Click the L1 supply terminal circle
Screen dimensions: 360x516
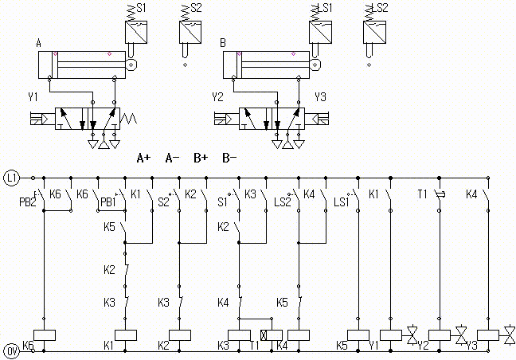(x=10, y=176)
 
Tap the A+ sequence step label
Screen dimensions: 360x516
(x=143, y=158)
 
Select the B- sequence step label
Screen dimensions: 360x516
(x=229, y=158)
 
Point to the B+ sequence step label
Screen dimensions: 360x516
(x=201, y=158)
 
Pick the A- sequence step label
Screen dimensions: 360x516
(x=172, y=158)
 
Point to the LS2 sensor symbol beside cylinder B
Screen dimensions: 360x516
(x=374, y=31)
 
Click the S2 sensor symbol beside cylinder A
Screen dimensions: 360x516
(x=190, y=31)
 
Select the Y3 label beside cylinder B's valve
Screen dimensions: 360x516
(x=320, y=97)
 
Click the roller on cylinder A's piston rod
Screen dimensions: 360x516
(x=131, y=63)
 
